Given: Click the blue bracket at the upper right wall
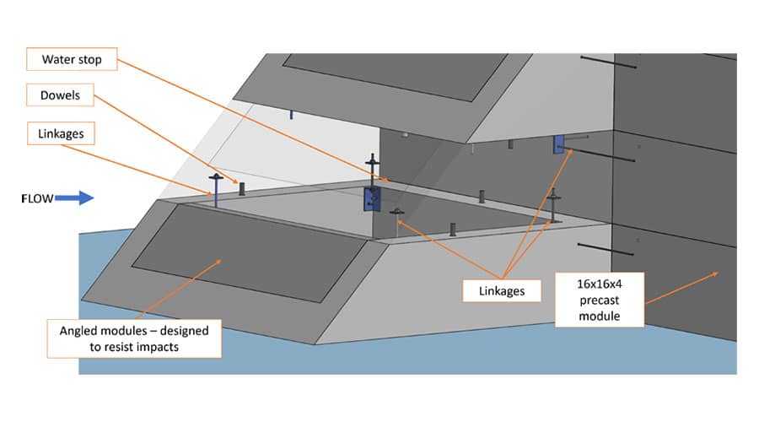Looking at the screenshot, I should pos(558,145).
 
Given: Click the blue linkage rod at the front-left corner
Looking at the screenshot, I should pos(216,192).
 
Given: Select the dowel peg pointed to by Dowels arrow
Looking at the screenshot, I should pos(242,187).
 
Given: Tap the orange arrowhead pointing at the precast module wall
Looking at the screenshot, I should pos(716,272).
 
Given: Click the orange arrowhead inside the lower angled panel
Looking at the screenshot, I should pos(222,261).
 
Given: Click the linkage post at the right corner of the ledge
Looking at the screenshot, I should pos(554,205).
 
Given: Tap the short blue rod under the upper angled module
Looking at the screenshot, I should pos(290,114).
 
